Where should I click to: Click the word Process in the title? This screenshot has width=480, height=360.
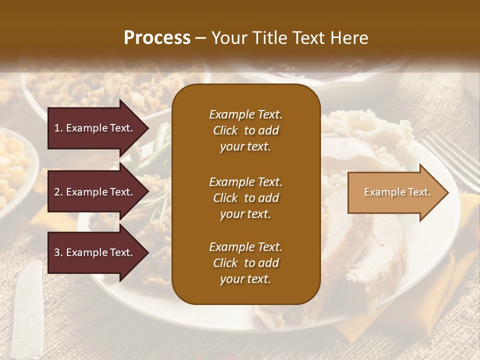[157, 38]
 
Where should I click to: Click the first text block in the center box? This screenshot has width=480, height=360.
[245, 130]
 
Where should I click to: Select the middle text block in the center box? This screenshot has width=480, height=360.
[245, 198]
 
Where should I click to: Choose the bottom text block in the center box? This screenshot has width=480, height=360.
[245, 263]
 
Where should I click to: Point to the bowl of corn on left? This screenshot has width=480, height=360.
[12, 170]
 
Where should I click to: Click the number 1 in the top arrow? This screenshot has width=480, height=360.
[56, 128]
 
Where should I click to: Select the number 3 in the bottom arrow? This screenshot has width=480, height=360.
[56, 252]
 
